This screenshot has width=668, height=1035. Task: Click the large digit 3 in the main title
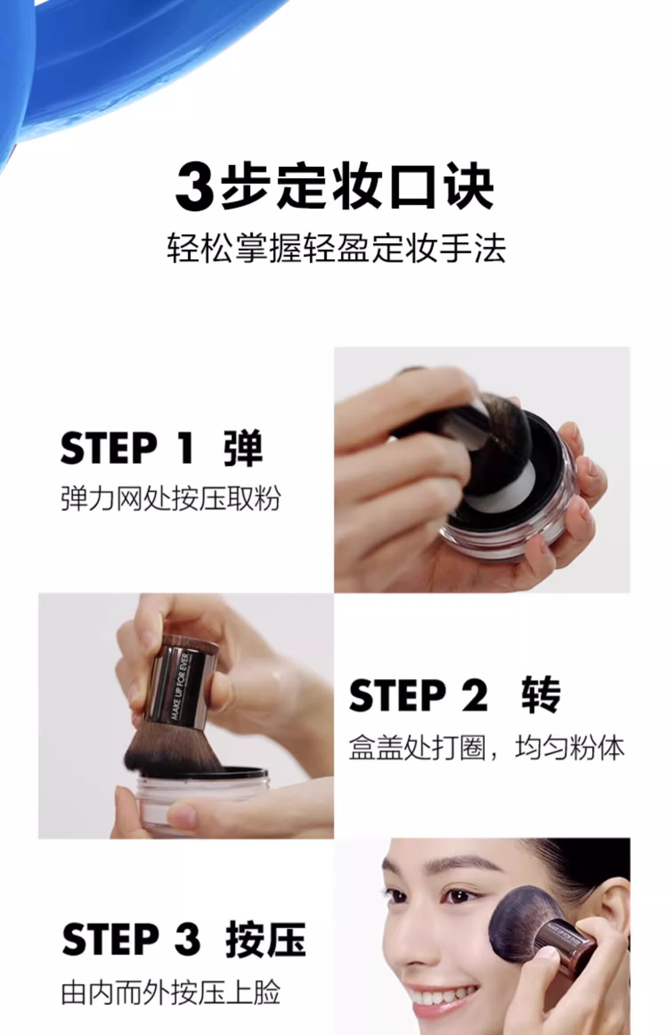tap(195, 187)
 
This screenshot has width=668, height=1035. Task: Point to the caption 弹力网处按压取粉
tap(171, 498)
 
